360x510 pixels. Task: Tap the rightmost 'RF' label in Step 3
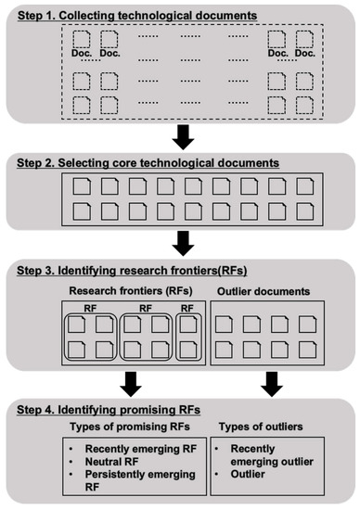click(x=186, y=308)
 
